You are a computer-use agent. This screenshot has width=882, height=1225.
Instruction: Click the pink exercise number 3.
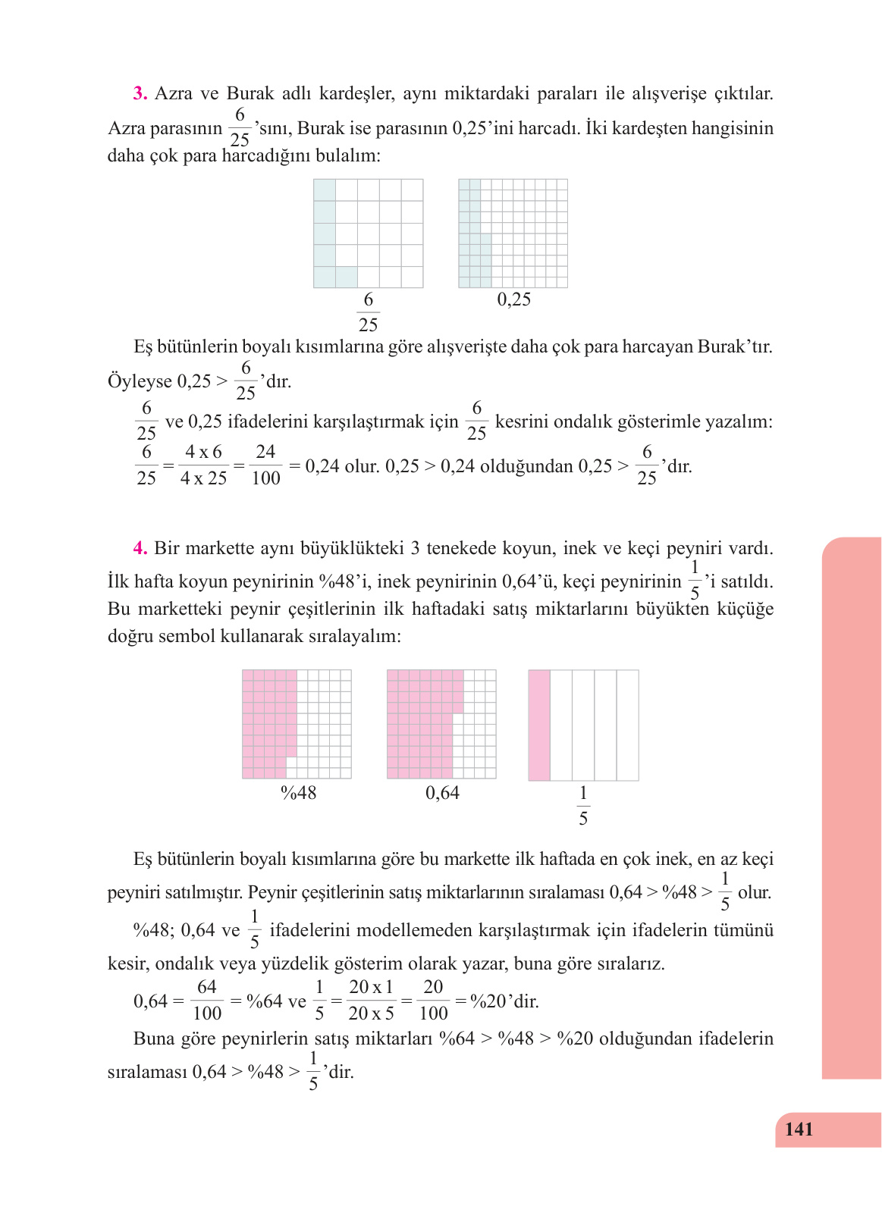(140, 94)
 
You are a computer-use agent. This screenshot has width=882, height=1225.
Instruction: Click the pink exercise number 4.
(140, 548)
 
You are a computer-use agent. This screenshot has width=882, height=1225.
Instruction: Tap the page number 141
(799, 1129)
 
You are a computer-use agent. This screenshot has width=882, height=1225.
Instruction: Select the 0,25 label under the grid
(513, 299)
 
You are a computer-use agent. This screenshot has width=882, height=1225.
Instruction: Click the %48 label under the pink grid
(298, 793)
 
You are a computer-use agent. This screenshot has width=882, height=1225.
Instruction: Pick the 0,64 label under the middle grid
(442, 793)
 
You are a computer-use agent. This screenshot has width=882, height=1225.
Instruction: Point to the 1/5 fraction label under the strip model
(583, 806)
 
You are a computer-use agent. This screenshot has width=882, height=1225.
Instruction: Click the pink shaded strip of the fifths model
(539, 725)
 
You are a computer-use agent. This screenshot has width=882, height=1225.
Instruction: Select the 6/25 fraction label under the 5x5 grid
(368, 312)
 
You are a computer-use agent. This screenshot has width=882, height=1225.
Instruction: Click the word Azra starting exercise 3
(174, 94)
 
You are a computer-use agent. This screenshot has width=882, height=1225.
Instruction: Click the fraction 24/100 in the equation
(265, 465)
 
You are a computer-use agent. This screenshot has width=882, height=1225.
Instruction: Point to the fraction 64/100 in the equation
(207, 1000)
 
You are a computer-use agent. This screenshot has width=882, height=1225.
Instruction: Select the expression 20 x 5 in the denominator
(371, 1014)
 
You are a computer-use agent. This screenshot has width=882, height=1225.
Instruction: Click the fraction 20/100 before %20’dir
(433, 1000)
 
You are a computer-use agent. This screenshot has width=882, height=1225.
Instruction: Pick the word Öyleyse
(140, 381)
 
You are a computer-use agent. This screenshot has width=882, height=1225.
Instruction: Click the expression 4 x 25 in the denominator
(203, 478)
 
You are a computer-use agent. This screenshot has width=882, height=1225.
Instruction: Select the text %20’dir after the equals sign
(504, 1001)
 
